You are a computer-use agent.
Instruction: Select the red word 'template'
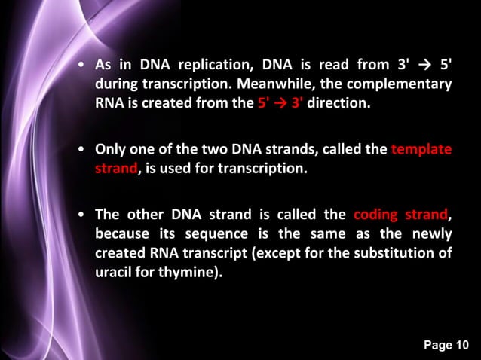point(421,148)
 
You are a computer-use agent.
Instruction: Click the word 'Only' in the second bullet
point(110,148)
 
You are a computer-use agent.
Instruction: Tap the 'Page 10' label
point(446,345)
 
